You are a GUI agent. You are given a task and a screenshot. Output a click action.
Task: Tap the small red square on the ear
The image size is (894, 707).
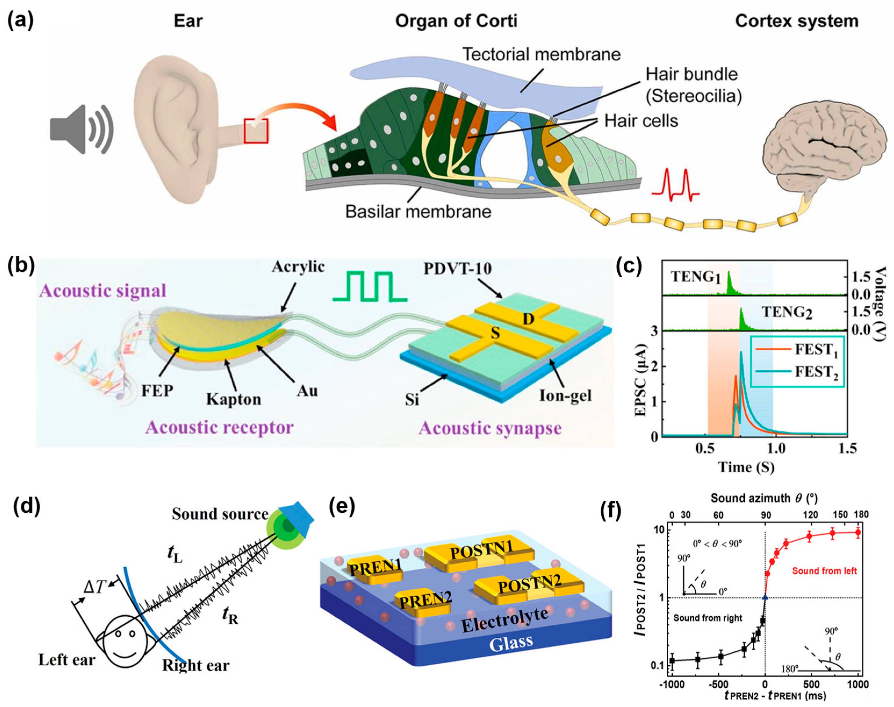(x=256, y=131)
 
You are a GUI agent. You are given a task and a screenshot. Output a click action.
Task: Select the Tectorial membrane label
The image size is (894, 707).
(x=541, y=55)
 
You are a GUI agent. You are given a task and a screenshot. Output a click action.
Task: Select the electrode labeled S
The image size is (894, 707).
(x=495, y=334)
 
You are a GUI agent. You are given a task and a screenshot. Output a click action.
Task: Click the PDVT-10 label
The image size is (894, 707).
(x=457, y=269)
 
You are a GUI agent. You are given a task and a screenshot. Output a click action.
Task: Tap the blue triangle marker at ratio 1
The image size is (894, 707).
(x=765, y=597)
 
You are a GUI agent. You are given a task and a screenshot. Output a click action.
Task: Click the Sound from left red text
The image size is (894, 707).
(x=824, y=571)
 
